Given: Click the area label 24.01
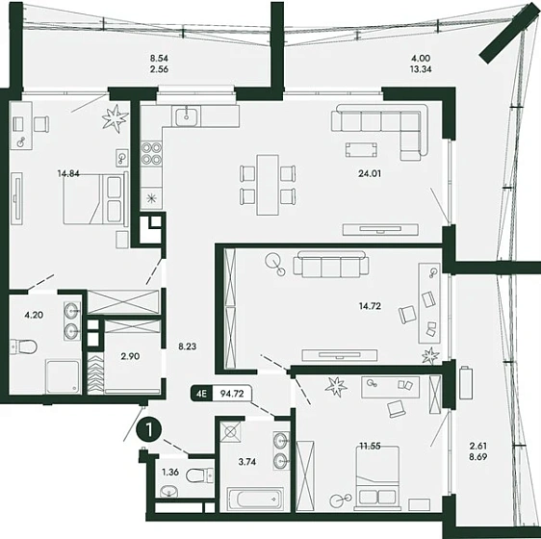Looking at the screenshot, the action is coord(370,173).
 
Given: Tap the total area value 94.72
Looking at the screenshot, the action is coord(232,394).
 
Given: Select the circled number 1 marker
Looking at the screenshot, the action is coord(149,430).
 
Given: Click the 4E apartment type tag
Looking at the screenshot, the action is coord(201,394).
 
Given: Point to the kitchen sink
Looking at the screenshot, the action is coord(187,116).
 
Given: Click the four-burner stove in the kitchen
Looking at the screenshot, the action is coord(151,154).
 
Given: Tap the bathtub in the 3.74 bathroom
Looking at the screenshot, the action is coord(255,499).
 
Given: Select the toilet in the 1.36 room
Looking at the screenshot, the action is coord(200,476).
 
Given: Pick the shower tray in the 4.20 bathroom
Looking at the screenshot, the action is coord(64,376).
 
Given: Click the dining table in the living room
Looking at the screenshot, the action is coord(268,185).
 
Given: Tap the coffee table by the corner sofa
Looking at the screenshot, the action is coord(361,150).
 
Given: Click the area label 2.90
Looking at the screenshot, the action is coord(130,356).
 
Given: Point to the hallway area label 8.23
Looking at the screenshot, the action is coord(188,346).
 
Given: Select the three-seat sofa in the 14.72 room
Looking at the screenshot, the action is coord(331,264).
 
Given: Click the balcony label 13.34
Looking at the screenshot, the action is coord(421,69).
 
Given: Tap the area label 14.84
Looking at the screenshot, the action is coord(68,173).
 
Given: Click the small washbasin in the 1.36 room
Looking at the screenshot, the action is coord(169,491).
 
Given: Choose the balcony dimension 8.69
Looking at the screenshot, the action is coord(478,456).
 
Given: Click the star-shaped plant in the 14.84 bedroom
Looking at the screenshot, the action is coord(115,118).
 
